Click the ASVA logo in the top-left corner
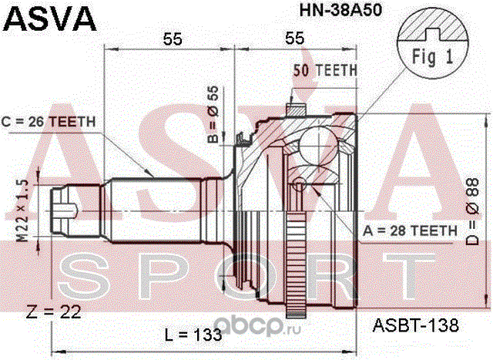tap(51, 19)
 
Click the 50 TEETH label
tap(325, 69)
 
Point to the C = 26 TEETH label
tap(49, 121)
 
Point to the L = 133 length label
tap(194, 335)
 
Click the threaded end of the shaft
tap(65, 206)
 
